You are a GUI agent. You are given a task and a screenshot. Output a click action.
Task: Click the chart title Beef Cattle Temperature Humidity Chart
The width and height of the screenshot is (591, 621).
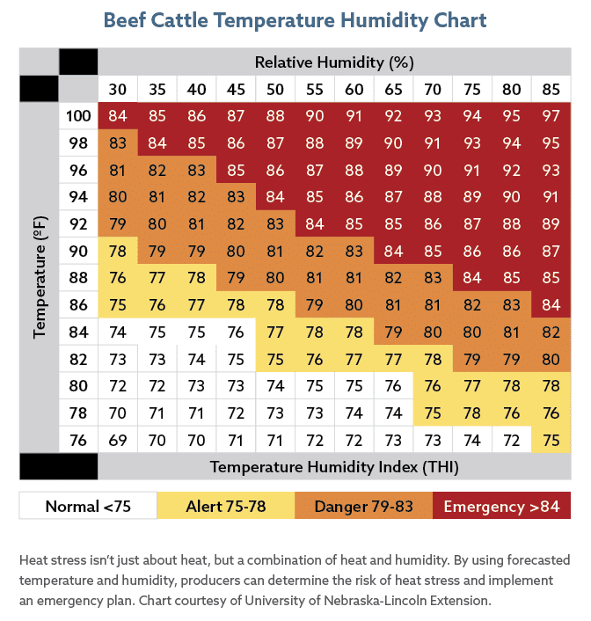tap(295, 20)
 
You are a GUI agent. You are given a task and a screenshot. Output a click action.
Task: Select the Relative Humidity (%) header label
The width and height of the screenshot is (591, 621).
tap(334, 62)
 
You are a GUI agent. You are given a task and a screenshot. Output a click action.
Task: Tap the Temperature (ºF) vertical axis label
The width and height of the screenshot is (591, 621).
tap(40, 277)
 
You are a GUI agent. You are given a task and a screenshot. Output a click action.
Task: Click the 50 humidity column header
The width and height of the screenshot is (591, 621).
tap(275, 89)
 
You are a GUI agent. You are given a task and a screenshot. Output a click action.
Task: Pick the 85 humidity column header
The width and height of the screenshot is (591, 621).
tap(551, 89)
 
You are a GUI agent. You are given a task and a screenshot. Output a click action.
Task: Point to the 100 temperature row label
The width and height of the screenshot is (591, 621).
tap(78, 116)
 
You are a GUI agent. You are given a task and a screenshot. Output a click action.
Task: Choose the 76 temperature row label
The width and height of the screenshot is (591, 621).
tap(78, 440)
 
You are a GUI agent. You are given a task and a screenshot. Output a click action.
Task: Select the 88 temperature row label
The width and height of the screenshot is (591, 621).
tap(78, 278)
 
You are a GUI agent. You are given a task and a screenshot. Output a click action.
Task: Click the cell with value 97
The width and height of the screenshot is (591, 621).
tap(551, 116)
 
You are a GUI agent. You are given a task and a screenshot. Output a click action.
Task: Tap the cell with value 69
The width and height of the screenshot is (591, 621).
tap(118, 440)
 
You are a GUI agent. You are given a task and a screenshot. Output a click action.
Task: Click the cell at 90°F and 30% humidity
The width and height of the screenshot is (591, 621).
tap(118, 251)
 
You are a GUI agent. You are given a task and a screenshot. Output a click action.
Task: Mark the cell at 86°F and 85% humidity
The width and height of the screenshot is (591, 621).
tap(551, 305)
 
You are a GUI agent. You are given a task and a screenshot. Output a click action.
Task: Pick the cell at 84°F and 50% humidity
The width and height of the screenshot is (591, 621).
tap(275, 332)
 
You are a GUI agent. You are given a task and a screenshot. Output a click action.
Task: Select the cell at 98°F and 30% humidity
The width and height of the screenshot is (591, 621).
tap(118, 143)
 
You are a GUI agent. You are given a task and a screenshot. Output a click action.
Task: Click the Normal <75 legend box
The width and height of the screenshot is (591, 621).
tap(88, 506)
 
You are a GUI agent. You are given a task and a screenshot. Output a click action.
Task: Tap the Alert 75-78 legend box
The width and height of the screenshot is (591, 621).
tap(226, 506)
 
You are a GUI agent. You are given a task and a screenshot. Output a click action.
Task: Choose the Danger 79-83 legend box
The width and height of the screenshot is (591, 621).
tap(363, 506)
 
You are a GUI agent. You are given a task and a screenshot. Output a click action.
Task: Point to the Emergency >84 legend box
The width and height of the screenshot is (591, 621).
tap(501, 506)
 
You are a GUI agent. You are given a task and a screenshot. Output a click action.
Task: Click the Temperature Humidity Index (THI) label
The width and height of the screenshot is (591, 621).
tap(334, 467)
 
